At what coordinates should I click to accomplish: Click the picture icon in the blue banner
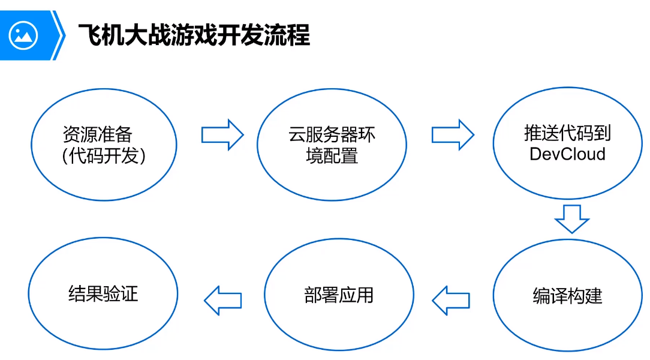point(23,35)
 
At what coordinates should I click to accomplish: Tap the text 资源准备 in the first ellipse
point(97,134)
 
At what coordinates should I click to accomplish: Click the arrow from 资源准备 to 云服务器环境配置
point(222,134)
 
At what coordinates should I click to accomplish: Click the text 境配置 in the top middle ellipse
point(332,156)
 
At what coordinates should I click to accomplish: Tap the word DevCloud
point(567,154)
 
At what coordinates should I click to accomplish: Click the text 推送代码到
point(567,133)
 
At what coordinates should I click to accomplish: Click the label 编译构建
point(567,296)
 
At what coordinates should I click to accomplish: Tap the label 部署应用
point(339,295)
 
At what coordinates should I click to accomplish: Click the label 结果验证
point(103,294)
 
